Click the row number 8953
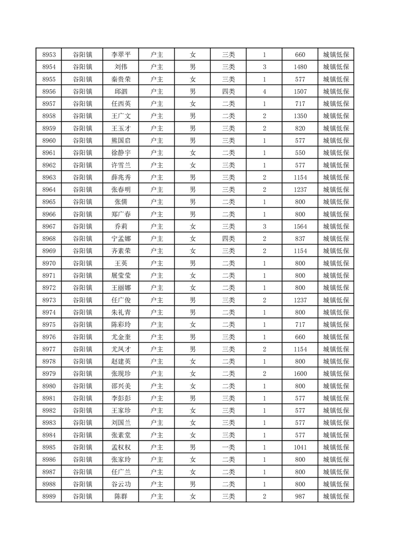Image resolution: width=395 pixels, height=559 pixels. [x=49, y=55]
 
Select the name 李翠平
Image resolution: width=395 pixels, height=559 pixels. [x=121, y=55]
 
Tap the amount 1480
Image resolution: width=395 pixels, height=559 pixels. [x=300, y=67]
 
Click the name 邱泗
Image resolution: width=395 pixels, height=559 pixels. [x=121, y=92]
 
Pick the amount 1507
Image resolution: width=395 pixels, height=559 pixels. [x=300, y=92]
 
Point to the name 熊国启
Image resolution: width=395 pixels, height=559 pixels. [x=121, y=140]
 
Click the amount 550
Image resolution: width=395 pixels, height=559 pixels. [x=300, y=153]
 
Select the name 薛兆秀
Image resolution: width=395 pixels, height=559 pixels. [x=121, y=177]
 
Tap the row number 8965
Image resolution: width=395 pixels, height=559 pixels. [x=49, y=202]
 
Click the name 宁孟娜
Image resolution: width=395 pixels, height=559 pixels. [x=121, y=239]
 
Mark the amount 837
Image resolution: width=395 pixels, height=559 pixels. [x=300, y=239]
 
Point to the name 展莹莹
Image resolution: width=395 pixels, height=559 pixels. [x=121, y=276]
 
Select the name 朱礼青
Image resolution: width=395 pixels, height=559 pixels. [x=121, y=312]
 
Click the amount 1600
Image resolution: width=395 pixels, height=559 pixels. [x=300, y=374]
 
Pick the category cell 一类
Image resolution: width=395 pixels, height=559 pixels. [x=229, y=447]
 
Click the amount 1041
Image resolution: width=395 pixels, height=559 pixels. [x=300, y=447]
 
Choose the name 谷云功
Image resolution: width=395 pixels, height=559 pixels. [x=121, y=484]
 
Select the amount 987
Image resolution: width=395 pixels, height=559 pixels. [x=300, y=496]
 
